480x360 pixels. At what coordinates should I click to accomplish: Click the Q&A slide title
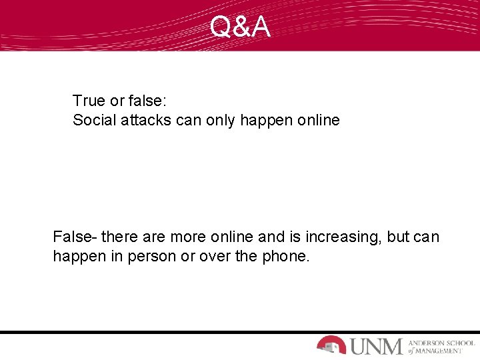pos(240,27)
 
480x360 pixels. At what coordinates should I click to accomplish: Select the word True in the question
pos(89,101)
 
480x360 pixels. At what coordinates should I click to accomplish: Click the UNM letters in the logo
pos(377,345)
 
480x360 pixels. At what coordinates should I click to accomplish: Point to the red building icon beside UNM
pos(331,344)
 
